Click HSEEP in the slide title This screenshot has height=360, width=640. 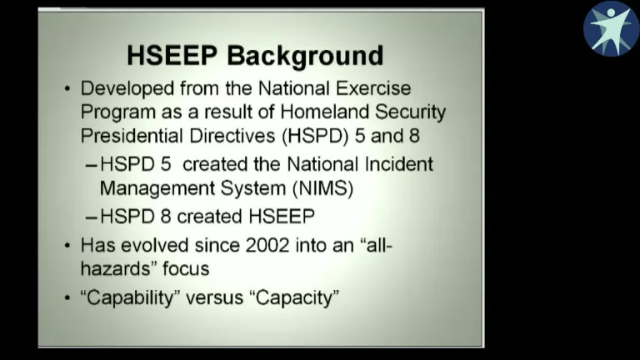click(172, 56)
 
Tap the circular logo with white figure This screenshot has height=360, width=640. click(611, 28)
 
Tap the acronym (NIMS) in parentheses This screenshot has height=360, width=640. click(320, 188)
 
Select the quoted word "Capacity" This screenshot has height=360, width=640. click(294, 297)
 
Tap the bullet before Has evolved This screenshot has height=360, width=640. click(67, 246)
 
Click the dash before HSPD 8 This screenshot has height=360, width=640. click(92, 217)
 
